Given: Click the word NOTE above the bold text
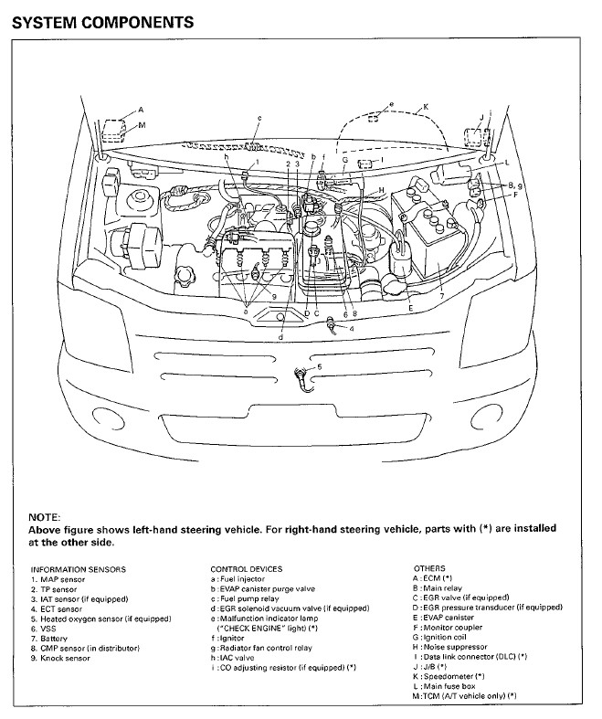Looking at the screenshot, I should tap(45, 517).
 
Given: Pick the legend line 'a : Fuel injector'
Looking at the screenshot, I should tap(246, 578).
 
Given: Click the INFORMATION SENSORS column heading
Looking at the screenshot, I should tap(78, 568).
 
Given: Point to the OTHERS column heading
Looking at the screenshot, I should tap(429, 568).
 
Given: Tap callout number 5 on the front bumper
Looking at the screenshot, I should tap(319, 366).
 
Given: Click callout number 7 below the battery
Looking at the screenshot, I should tap(441, 296).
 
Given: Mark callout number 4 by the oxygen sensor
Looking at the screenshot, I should tap(353, 328).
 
